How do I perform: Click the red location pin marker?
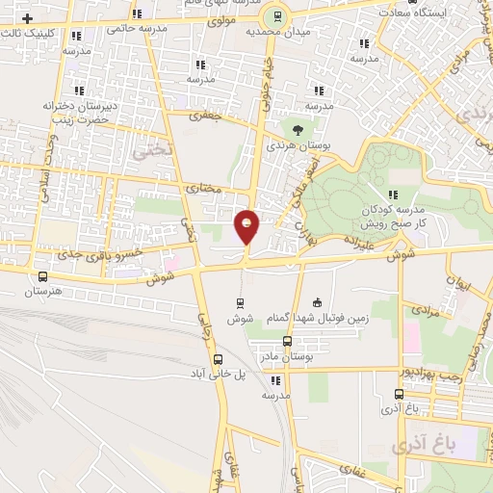[247, 227]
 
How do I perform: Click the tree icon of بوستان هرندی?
[297, 129]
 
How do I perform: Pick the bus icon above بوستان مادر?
[287, 342]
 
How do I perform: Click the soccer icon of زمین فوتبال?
[318, 302]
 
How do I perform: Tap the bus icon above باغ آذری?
[399, 394]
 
